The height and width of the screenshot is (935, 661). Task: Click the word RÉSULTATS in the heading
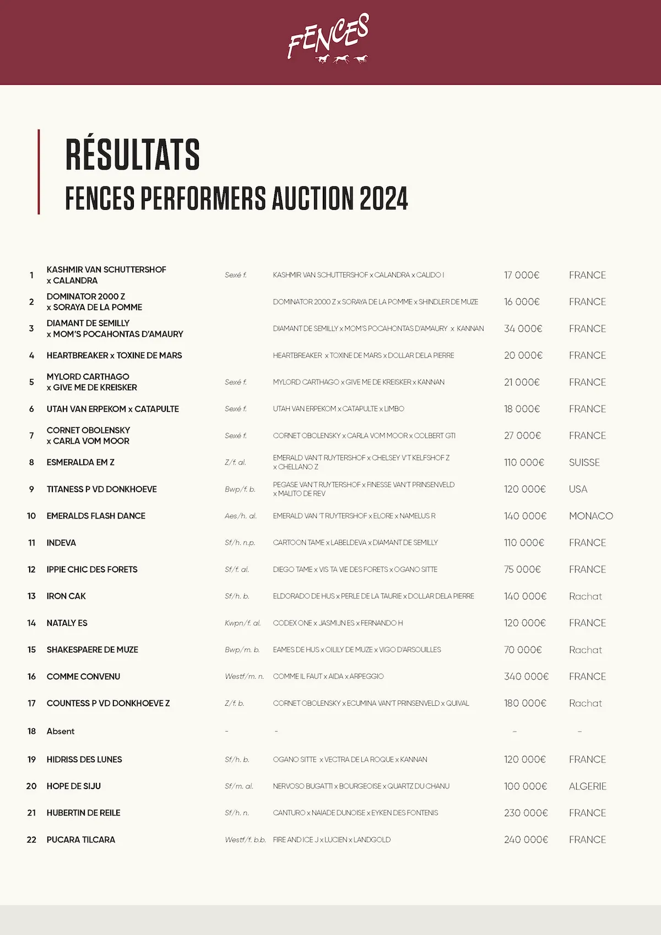pos(132,155)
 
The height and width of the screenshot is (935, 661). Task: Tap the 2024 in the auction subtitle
pos(383,198)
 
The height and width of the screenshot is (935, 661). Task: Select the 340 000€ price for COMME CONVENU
pos(526,677)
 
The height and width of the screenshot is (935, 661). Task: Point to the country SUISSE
pos(584,463)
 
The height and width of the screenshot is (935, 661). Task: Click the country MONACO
pos(590,516)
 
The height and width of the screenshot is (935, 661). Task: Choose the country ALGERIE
pos(587,786)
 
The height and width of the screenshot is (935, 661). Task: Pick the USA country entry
pos(578,489)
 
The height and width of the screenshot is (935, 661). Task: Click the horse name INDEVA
pos(61,543)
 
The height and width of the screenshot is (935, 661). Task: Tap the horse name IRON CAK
pos(66,596)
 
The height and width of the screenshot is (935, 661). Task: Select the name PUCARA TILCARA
pos(81,840)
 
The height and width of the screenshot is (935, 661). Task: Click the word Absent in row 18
pos(61,731)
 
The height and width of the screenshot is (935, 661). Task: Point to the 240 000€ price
pos(526,840)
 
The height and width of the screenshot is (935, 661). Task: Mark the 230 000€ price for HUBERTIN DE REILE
pos(526,813)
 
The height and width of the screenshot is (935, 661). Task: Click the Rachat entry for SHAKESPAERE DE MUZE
pos(585,650)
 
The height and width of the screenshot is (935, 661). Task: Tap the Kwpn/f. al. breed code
pos(242,623)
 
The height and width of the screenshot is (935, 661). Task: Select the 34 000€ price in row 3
pos(523,329)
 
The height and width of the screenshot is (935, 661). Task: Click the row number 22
pos(31,840)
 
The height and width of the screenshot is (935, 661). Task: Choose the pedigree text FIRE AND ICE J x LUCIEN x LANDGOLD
pos(332,840)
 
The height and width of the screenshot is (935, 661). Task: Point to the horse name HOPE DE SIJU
pos(74,786)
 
